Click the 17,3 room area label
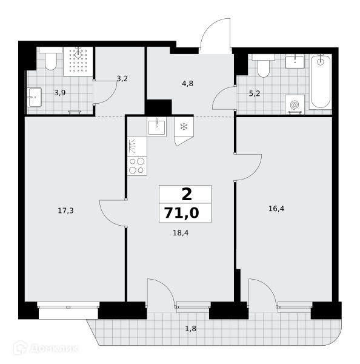[x=65, y=211]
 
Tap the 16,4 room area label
[x=276, y=209]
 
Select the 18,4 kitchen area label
[x=181, y=233]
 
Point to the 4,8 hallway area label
[x=187, y=84]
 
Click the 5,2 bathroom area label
[x=255, y=93]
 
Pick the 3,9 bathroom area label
[x=60, y=93]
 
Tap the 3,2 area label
[x=122, y=79]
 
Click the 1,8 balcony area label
[x=191, y=329]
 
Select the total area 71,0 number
[x=182, y=213]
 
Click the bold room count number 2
[x=187, y=195]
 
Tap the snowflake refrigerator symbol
[x=184, y=127]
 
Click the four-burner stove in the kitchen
[x=137, y=166]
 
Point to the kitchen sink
[x=157, y=127]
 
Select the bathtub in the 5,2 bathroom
[x=321, y=82]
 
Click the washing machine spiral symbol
[x=295, y=105]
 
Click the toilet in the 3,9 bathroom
[x=51, y=58]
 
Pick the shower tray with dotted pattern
[x=78, y=61]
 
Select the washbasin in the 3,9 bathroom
[x=34, y=97]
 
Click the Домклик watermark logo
[x=45, y=348]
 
